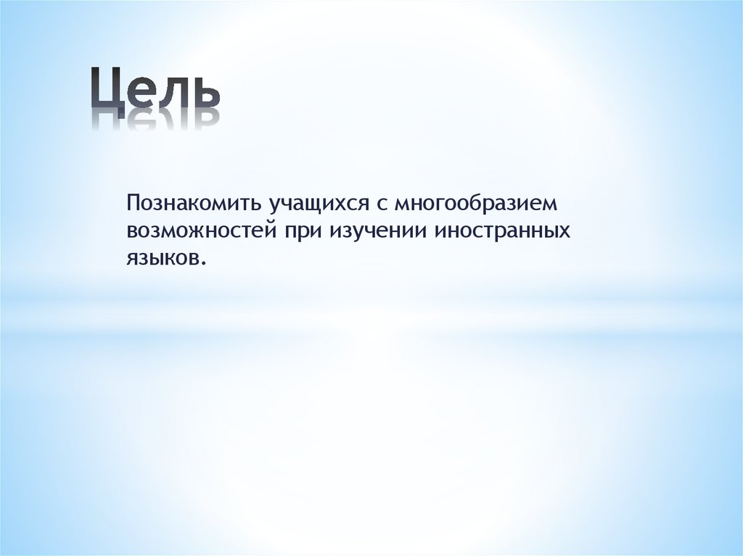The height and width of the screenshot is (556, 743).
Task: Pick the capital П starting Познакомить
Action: click(133, 201)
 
